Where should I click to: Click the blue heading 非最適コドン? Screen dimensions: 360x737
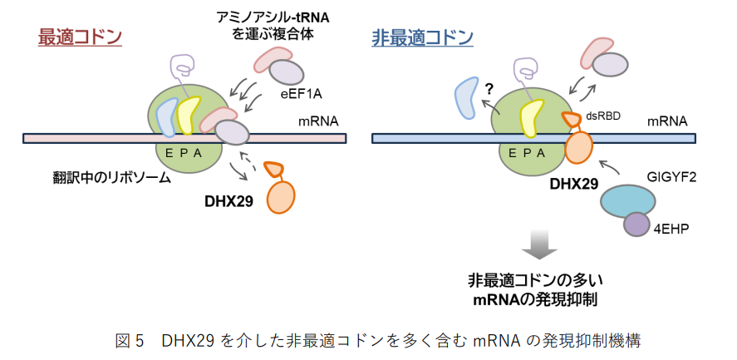[423, 38]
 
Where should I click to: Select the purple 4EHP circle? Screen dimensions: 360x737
[637, 225]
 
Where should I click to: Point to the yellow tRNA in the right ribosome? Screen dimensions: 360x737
[531, 116]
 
